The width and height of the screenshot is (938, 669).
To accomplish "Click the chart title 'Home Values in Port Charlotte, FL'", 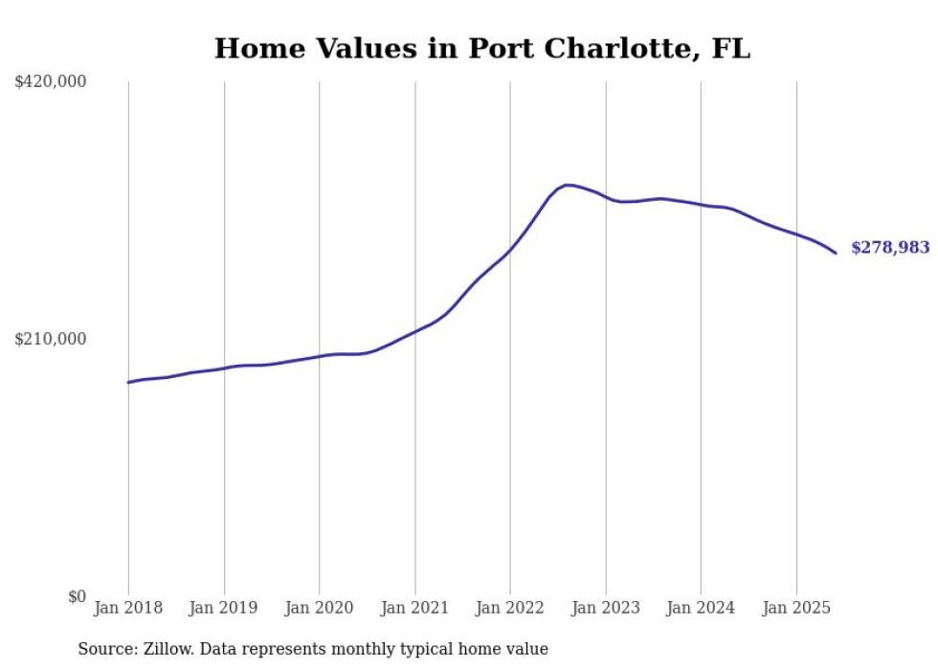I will [481, 49].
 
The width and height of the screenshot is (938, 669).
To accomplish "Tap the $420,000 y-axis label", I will [51, 82].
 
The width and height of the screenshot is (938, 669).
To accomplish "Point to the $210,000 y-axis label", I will [51, 339].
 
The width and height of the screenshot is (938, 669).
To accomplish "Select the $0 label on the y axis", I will [77, 596].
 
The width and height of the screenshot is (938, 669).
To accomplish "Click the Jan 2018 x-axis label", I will [128, 608].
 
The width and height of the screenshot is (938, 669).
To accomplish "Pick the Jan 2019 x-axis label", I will [224, 608].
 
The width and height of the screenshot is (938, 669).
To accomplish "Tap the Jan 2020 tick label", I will [319, 608].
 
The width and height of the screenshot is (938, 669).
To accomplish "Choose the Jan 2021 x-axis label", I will [414, 608].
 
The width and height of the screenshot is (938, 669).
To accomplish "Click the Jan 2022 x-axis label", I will [510, 608].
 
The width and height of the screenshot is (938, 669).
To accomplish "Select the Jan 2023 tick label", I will [605, 608].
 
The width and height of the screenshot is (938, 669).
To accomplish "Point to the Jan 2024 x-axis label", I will [701, 608].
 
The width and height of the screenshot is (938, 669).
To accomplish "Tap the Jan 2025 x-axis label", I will [796, 608].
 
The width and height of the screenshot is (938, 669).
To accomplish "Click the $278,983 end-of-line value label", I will [889, 248].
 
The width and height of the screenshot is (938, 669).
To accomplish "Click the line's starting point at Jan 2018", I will [128, 382].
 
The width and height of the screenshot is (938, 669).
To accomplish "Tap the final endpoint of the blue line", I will [836, 253].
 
